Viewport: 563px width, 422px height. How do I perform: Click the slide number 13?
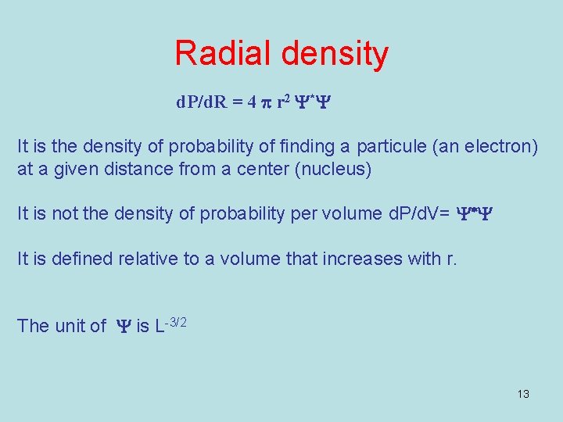click(523, 394)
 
